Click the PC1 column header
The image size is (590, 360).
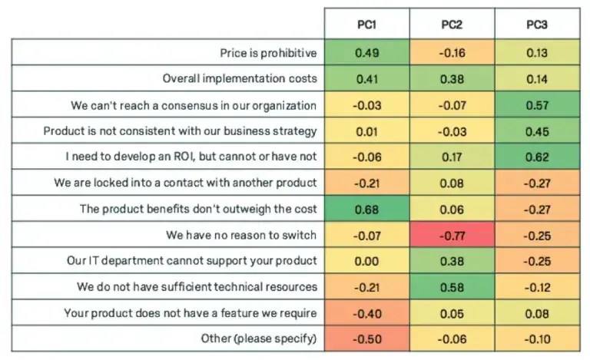point(366,25)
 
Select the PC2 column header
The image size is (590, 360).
point(451,25)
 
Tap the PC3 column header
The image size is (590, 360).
point(535,25)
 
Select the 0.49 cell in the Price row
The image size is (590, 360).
point(366,52)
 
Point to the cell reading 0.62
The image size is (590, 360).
point(535,156)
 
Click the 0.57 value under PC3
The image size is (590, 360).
point(535,104)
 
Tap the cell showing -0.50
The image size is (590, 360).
point(366,337)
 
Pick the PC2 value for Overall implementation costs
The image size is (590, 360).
point(451,78)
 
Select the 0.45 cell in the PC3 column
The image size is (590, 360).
point(535,130)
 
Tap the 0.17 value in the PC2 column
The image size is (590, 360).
point(451,156)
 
